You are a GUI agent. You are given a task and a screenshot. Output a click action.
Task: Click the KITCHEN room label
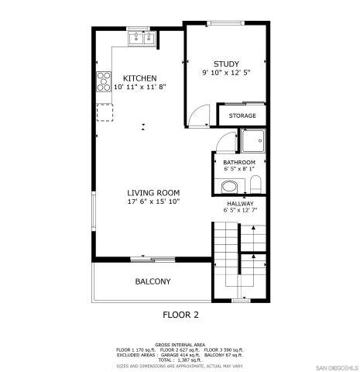(140, 78)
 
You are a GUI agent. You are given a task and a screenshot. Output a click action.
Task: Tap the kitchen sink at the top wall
(142, 38)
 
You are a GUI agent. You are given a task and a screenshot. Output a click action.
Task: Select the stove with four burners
(104, 81)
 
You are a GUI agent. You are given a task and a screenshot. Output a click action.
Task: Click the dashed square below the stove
(104, 112)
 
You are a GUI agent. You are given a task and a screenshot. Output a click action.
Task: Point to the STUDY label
(226, 64)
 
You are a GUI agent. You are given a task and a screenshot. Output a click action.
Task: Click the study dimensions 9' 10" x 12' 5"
(226, 74)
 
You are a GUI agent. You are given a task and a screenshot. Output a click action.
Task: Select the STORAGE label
(242, 115)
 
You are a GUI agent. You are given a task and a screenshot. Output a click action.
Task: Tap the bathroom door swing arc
(225, 143)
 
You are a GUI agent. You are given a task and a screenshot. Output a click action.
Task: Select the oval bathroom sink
(228, 187)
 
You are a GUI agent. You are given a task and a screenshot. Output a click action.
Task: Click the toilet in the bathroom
(255, 185)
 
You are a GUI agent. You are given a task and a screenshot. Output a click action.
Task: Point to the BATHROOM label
(238, 162)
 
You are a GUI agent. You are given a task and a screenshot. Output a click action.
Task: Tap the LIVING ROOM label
(153, 193)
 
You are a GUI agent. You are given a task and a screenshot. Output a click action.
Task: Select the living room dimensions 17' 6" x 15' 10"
(153, 202)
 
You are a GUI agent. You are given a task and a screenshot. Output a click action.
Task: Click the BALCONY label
(153, 281)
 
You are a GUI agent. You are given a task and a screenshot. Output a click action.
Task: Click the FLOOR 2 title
(180, 315)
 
